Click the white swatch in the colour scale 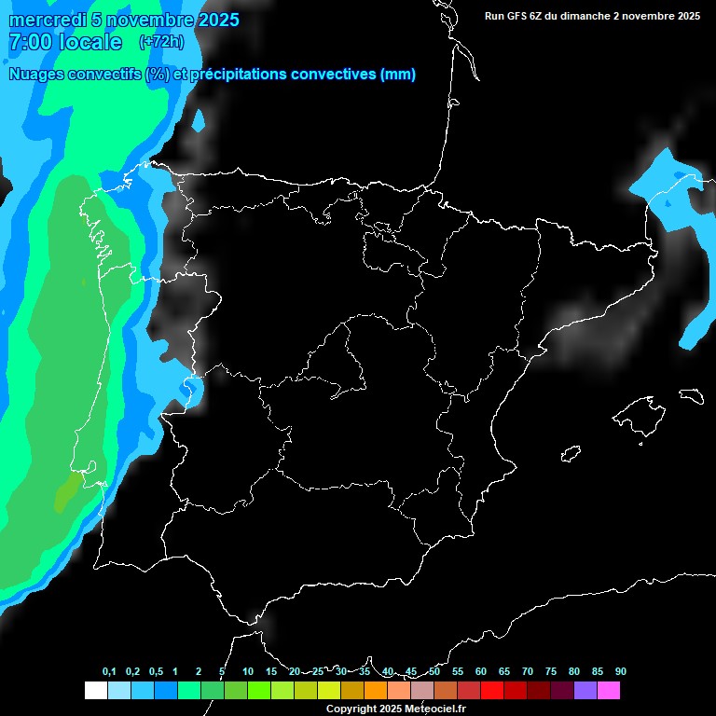(96, 690)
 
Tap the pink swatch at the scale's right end (609, 690)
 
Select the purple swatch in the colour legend (585, 690)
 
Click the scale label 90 (620, 671)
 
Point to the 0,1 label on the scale (109, 671)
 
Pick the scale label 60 (481, 671)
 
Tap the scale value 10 (248, 671)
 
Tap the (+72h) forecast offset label (161, 42)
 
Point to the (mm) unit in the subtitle (398, 75)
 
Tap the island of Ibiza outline (571, 453)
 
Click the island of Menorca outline (691, 395)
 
